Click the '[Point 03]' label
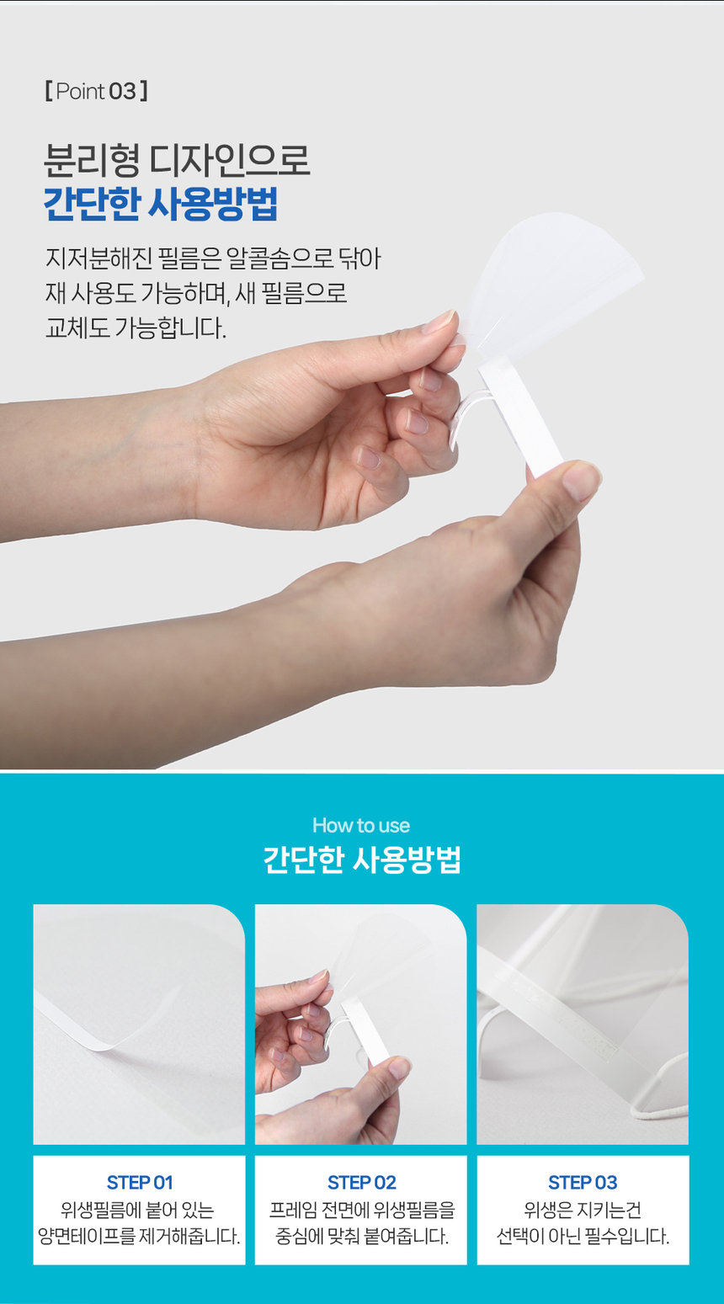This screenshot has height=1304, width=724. coord(96,91)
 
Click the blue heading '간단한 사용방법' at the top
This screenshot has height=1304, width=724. coord(160,205)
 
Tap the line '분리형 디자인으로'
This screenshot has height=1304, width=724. coord(177,160)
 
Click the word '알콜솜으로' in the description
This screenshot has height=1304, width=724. coord(281,258)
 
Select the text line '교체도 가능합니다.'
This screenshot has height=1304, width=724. coord(136,327)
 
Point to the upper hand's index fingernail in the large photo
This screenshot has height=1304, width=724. coord(439,322)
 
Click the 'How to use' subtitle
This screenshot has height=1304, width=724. coord(361,825)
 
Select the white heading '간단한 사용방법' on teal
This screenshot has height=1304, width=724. coord(362,860)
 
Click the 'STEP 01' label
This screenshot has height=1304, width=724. coord(140,1183)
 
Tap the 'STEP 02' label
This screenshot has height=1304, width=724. coord(361,1183)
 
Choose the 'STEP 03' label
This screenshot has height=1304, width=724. coord(583,1183)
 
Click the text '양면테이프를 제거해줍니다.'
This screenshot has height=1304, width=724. coord(140,1237)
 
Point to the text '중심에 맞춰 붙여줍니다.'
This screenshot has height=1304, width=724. coord(361,1237)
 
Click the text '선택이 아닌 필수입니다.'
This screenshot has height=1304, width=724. coord(583,1237)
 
